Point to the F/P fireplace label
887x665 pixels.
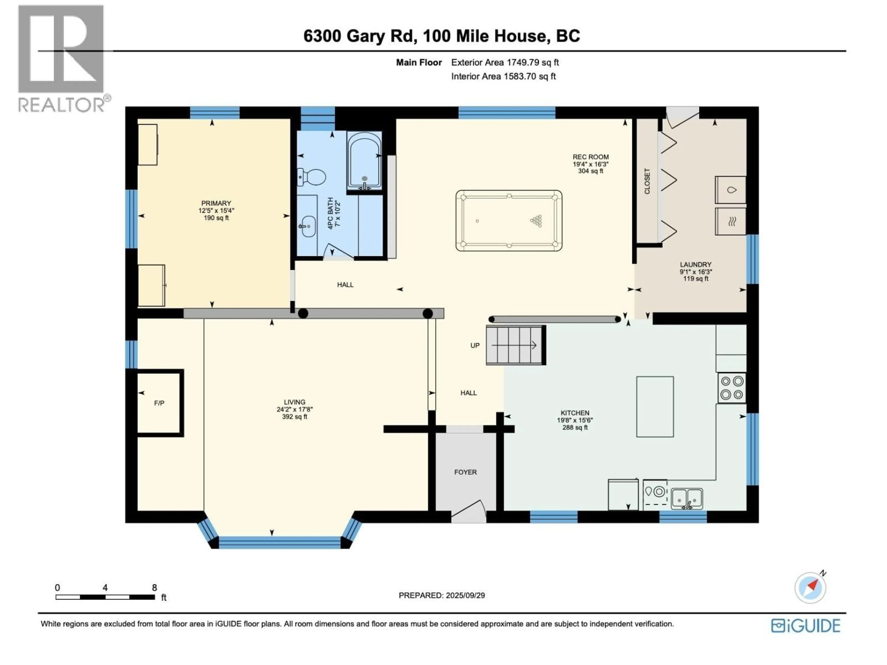[159, 403]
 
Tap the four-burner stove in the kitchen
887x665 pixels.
[732, 388]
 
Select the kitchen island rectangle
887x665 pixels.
[655, 406]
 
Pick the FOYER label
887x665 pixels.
[465, 472]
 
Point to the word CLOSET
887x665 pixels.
[647, 181]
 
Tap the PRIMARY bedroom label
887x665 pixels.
[216, 203]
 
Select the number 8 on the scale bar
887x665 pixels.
[154, 588]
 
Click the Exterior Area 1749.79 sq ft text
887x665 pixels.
[505, 62]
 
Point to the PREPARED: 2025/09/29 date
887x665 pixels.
[441, 595]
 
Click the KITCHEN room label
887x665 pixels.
[575, 413]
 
